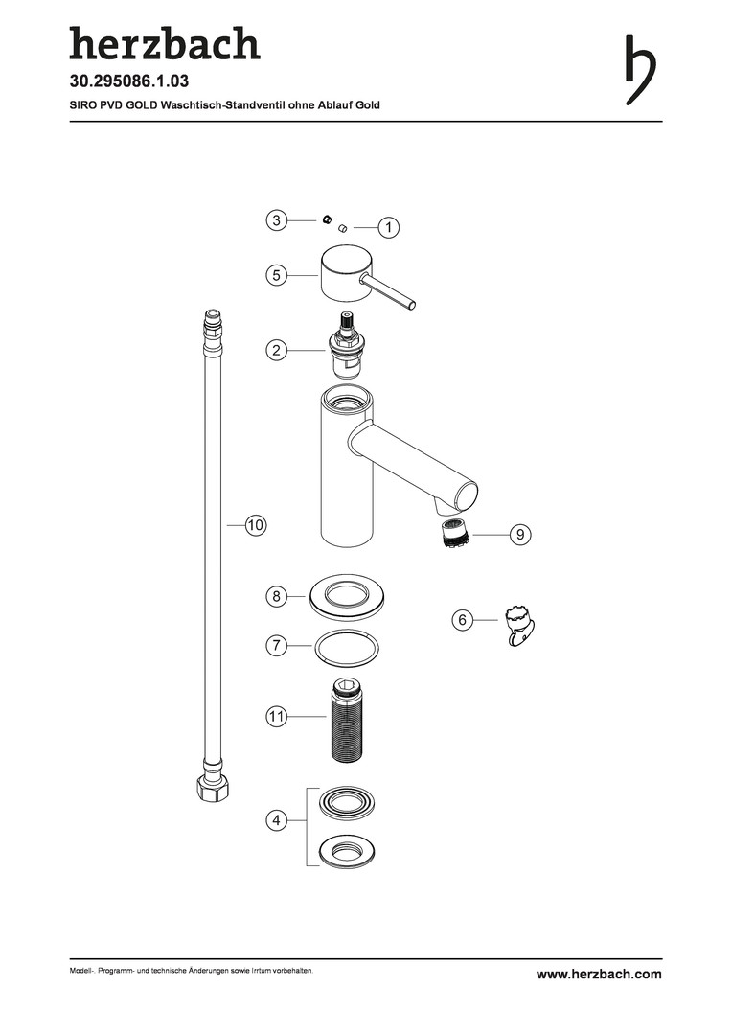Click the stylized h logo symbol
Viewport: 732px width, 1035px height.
[x=640, y=70]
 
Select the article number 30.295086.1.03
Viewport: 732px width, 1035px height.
[x=129, y=81]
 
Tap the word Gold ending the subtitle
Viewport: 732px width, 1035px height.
[x=368, y=104]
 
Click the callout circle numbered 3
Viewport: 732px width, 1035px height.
[x=277, y=219]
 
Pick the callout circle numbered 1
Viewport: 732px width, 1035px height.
[x=389, y=228]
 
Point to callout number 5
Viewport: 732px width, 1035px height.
[x=277, y=275]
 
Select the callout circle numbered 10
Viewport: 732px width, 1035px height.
[x=256, y=525]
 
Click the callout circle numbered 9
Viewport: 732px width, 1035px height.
[x=520, y=534]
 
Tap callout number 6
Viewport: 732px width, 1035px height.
[x=462, y=620]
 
